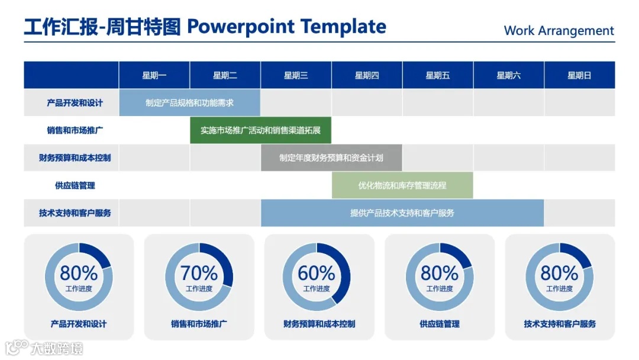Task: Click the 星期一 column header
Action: (154, 75)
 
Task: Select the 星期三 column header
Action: (296, 75)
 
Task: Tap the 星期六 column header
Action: (509, 75)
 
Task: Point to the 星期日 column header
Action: (579, 75)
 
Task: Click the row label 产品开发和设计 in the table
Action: (75, 103)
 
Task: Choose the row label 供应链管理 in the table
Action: (75, 185)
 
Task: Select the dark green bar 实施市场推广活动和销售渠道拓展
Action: (260, 130)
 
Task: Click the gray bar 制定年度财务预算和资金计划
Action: (331, 157)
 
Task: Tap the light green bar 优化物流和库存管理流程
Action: (402, 185)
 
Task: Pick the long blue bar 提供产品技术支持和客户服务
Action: (402, 213)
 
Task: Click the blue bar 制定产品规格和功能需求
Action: (189, 103)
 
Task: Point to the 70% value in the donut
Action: (199, 273)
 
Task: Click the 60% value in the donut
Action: (317, 273)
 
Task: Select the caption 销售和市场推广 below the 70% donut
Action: (199, 324)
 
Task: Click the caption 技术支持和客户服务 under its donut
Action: (560, 324)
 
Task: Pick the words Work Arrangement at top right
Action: (559, 31)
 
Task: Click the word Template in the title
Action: (343, 27)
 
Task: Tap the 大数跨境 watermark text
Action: (57, 349)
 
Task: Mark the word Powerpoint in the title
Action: (240, 27)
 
